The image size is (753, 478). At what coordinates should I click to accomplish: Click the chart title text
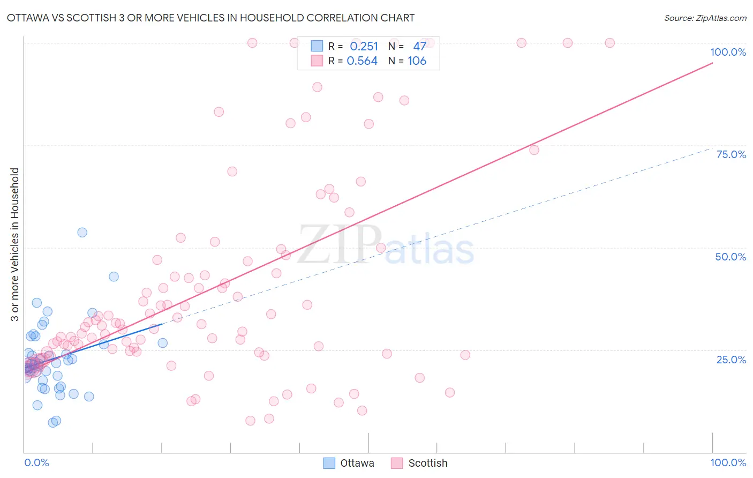pos(210,18)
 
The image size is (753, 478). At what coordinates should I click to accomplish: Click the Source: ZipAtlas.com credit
pos(705,18)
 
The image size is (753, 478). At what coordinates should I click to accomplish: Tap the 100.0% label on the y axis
pos(728,52)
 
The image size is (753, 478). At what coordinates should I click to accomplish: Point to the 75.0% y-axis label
pos(731,154)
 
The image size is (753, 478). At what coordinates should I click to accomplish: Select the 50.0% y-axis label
pos(731,257)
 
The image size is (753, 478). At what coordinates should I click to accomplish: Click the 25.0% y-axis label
pos(731,360)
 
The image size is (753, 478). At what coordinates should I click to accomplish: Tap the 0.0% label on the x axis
pos(36,462)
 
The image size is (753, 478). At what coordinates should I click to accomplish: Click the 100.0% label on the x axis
pos(728,462)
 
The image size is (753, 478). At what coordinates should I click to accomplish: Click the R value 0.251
pos(364,47)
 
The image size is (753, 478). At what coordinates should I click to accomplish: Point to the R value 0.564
pos(362,61)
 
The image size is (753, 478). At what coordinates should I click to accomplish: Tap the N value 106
pos(417,61)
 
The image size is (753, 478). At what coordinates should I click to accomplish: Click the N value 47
pos(419,47)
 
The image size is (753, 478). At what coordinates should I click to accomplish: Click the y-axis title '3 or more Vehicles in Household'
pos(15,244)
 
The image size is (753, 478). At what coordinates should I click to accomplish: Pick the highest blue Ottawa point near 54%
pos(82,233)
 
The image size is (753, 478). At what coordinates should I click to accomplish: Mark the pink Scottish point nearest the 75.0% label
pos(534,150)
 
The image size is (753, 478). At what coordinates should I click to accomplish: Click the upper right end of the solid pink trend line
pos(712,63)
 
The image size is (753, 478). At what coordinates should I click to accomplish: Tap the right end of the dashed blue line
pos(712,148)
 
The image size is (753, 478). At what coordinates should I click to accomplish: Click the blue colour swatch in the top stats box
pos(317,46)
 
